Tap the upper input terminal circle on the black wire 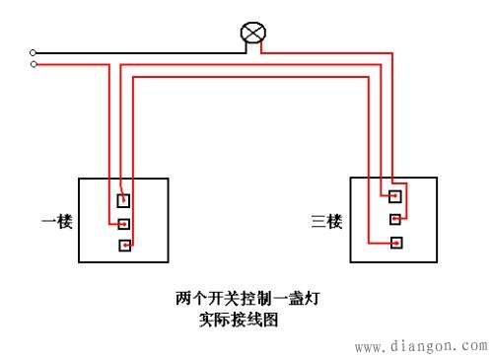[34, 52]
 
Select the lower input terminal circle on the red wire [34, 64]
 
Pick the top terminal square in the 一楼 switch [124, 200]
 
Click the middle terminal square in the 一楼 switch [124, 224]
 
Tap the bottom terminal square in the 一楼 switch [124, 246]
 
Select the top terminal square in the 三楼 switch [395, 195]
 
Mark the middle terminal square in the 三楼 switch [395, 218]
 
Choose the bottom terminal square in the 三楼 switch [395, 242]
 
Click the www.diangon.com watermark [420, 346]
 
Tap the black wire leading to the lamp [138, 51]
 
